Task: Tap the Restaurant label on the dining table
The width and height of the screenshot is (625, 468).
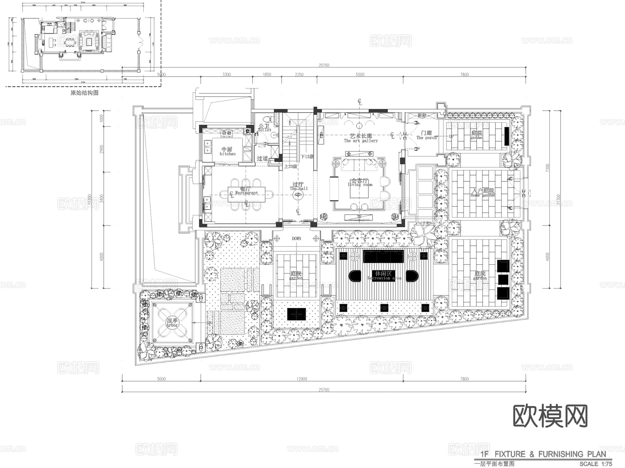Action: (x=247, y=193)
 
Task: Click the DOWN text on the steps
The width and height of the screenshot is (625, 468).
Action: (x=297, y=238)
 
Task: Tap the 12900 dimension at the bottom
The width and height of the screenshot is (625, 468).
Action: (x=302, y=379)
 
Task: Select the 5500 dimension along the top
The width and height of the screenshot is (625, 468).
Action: (x=360, y=74)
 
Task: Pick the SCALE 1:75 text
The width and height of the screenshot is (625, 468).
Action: (x=595, y=463)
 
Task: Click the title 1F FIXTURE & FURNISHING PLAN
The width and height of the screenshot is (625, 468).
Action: (x=543, y=454)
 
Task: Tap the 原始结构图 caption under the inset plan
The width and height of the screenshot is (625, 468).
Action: (x=84, y=93)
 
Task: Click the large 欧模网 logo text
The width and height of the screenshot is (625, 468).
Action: (x=550, y=416)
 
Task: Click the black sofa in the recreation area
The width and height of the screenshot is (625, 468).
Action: (x=383, y=257)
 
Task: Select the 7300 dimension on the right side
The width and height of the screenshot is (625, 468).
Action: (x=548, y=168)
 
